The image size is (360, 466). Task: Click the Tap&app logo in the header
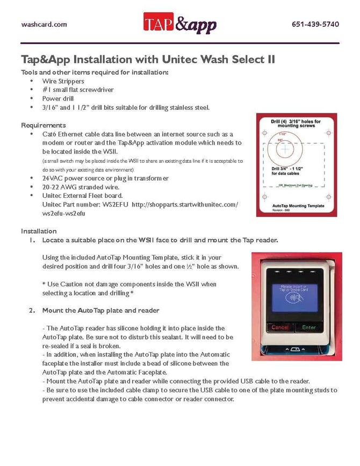tap(179, 24)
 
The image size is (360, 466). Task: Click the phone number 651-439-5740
tap(315, 25)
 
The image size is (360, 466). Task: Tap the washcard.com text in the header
tap(44, 25)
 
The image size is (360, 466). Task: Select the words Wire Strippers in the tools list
tap(63, 81)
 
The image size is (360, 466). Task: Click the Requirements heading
tap(44, 125)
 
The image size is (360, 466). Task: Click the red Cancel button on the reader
tap(280, 327)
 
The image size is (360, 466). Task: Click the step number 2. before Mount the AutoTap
tap(33, 310)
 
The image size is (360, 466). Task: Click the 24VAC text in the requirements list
tap(52, 178)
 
